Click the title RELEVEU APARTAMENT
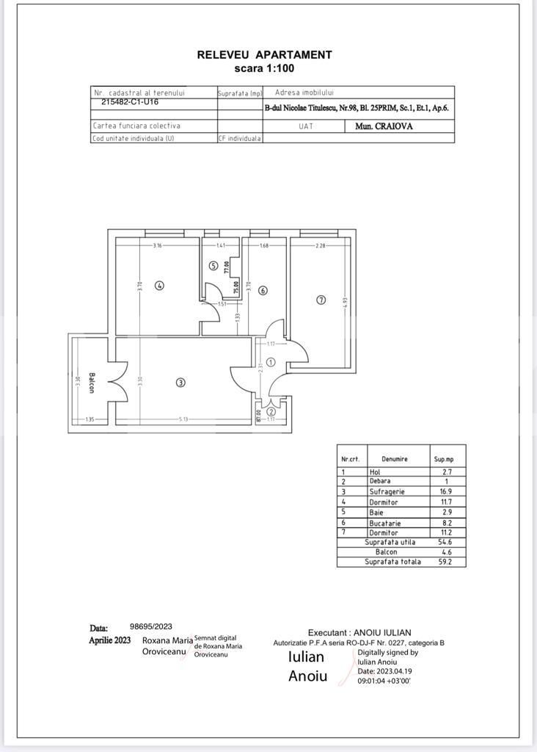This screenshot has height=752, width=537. tap(264, 54)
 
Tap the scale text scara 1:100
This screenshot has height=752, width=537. tap(264, 68)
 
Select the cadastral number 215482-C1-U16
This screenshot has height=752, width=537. tap(130, 103)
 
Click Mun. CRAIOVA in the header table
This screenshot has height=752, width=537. tap(384, 126)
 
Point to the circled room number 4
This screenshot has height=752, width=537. tap(159, 286)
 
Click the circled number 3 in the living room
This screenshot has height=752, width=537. tap(180, 382)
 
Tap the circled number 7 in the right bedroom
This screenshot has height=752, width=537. tap(321, 300)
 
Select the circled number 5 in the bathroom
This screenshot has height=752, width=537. tap(213, 266)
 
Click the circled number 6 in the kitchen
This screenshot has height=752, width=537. tap(263, 290)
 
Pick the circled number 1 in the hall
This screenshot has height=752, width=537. tap(270, 362)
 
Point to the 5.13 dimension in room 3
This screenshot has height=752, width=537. tap(183, 419)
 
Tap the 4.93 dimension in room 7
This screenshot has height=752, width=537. tap(344, 300)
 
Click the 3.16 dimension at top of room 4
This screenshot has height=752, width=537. tap(157, 245)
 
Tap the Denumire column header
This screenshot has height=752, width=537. tap(394, 459)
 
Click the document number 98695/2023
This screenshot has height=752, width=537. tap(151, 626)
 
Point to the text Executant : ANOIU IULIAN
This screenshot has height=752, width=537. tap(359, 632)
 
